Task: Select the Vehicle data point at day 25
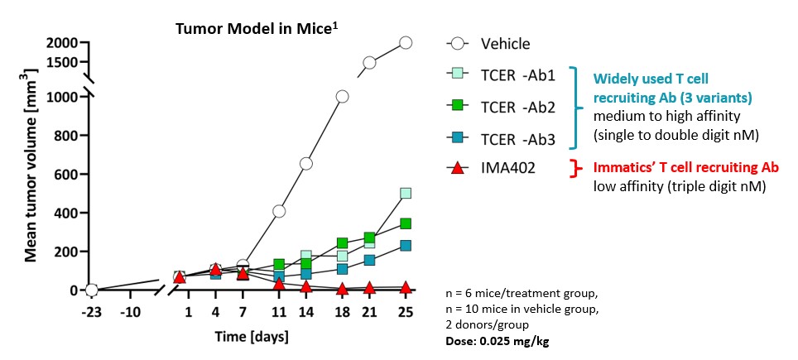coord(406,43)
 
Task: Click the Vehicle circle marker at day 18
coord(342,97)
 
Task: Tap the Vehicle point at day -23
coord(92,290)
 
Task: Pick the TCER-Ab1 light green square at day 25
coord(406,194)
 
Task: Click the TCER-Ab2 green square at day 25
coord(406,223)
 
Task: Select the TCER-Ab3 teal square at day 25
coord(406,245)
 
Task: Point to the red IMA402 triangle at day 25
coord(406,287)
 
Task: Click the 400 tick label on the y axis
coord(66,213)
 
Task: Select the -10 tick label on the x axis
coord(129,313)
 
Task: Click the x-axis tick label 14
coord(306,313)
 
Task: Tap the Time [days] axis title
coord(248,338)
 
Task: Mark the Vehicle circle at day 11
coord(279,212)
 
